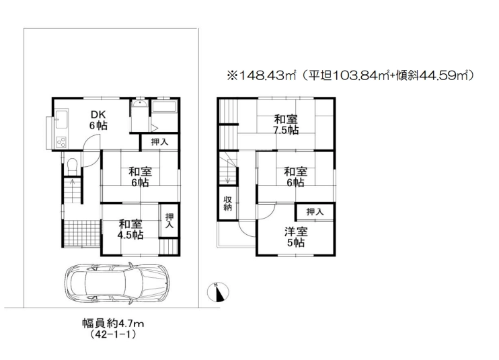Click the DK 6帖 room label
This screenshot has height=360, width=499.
coord(98,120)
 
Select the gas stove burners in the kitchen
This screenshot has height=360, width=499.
coord(61,142)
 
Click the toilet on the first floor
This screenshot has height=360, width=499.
coord(72,166)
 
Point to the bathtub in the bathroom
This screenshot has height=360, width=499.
coord(164,106)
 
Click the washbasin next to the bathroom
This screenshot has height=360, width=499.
coord(139,104)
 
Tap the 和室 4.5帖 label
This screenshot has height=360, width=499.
coord(130,229)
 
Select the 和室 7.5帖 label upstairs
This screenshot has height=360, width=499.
coord(286,124)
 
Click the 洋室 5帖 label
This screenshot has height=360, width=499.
coord(296,237)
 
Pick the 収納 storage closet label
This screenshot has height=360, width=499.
coord(227,203)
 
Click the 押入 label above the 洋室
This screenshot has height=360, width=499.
coord(315,212)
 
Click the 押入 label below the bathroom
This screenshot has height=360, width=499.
coord(159,142)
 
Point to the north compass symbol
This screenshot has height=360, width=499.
coord(218,292)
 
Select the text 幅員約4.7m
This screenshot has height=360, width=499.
coord(113,324)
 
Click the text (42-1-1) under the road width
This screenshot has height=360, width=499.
coord(113,335)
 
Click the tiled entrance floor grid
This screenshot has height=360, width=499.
coord(82,233)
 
